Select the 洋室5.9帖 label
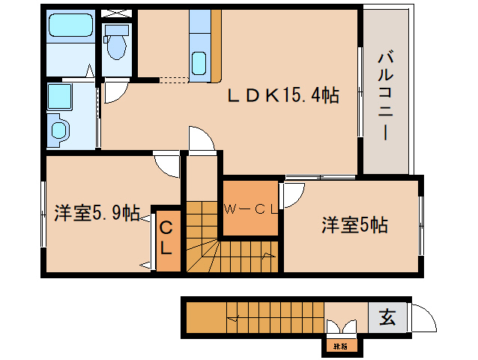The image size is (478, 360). pos(96,213)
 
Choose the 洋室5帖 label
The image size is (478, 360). pos(354,224)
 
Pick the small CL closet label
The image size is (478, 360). pos(166,237)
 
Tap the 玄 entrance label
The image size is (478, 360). pos(387,317)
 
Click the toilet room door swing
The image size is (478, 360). pos(113,90)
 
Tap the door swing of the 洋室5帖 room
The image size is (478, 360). pos(293,193)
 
